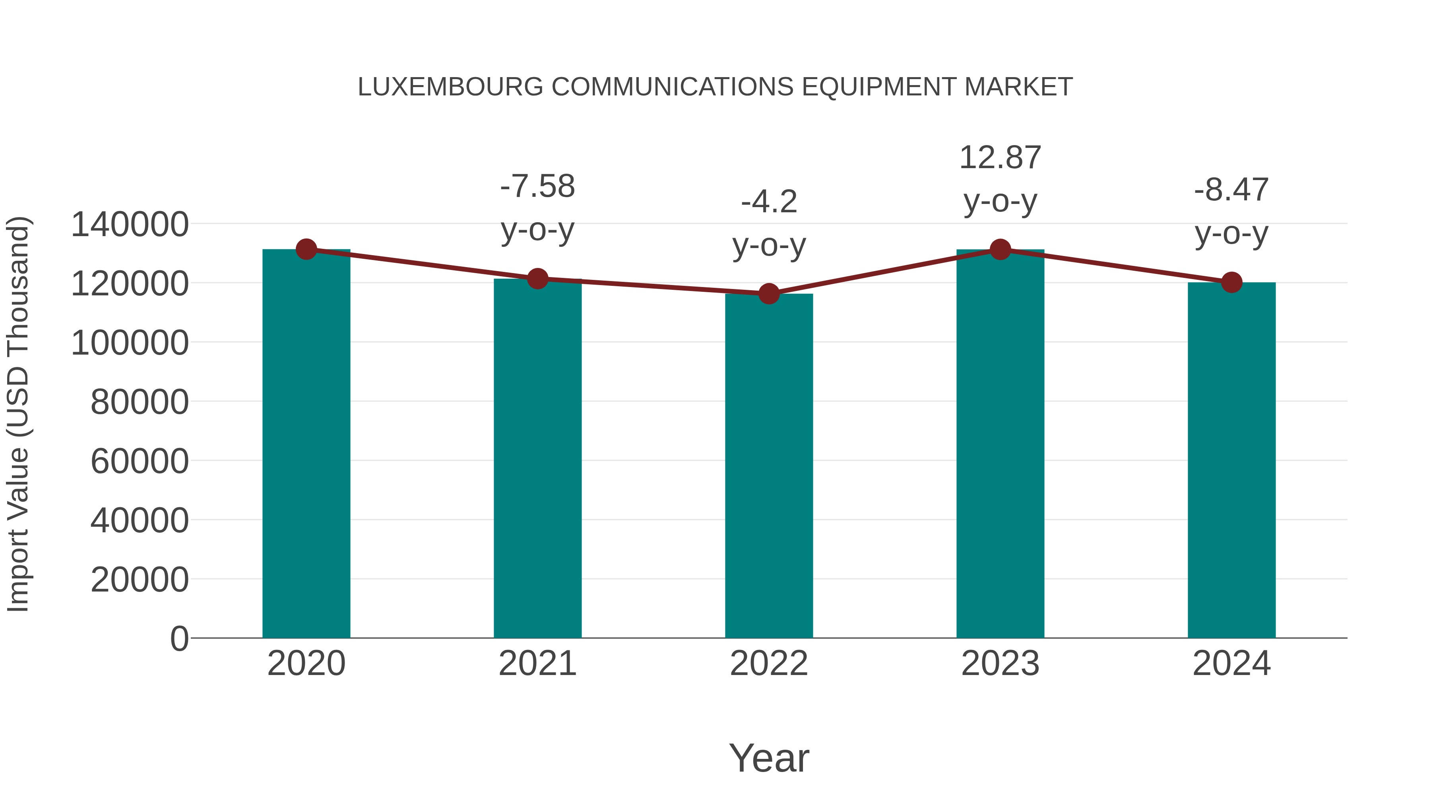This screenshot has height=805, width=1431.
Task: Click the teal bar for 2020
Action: tap(306, 444)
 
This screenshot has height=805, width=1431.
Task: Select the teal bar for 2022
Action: tap(769, 467)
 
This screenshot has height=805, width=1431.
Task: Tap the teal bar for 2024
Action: tap(1231, 461)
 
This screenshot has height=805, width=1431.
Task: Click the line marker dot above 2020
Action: tap(306, 249)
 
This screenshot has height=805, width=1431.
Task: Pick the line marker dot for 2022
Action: tap(769, 294)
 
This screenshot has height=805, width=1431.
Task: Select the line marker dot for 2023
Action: tap(1001, 249)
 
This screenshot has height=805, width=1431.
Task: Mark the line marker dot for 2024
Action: tap(1231, 283)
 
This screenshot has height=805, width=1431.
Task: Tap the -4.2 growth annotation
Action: tap(769, 202)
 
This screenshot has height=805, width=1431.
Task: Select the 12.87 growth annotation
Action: tap(1001, 158)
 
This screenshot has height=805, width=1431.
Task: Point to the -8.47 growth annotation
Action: tap(1231, 190)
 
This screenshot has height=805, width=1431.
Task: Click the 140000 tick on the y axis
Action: tap(130, 225)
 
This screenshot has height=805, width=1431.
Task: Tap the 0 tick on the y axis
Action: tap(179, 638)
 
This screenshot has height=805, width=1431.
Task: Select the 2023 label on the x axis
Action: tap(1001, 663)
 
